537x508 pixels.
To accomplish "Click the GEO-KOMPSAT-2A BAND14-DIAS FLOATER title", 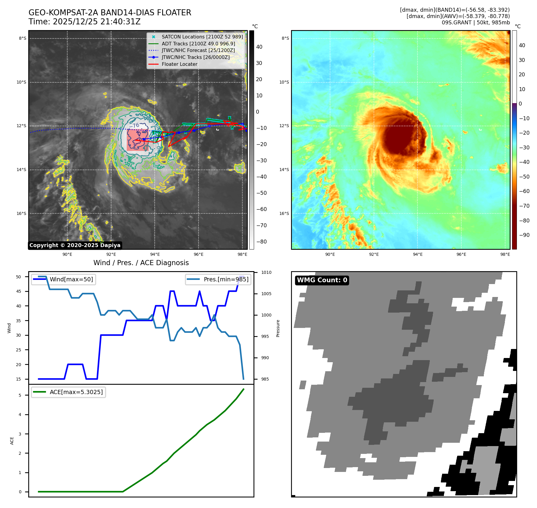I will click(x=110, y=13).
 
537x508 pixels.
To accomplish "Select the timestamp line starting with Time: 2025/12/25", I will click(x=84, y=22).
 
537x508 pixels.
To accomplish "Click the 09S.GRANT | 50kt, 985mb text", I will click(x=475, y=23).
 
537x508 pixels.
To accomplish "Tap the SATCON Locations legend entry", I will click(x=202, y=37).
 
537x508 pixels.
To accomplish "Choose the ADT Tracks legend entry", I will click(x=198, y=44).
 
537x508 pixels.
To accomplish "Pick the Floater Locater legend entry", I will click(x=179, y=64).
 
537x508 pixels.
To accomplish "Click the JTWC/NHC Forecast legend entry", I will click(x=198, y=50).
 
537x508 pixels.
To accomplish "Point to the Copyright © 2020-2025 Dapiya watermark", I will click(x=75, y=245).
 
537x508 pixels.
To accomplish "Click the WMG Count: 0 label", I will click(x=322, y=280).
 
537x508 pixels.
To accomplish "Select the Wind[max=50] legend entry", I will click(x=71, y=279).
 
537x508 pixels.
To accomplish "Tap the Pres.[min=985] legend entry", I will click(x=226, y=279).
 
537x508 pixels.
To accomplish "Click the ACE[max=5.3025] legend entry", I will click(x=76, y=392).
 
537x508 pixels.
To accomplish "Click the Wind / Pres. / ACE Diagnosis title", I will click(x=141, y=263).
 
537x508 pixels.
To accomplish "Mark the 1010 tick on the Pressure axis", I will click(x=266, y=272).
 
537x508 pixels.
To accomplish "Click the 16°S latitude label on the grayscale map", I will click(x=21, y=213).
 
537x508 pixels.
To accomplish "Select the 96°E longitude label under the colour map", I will click(x=461, y=254).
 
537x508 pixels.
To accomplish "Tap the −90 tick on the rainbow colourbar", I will click(x=524, y=235).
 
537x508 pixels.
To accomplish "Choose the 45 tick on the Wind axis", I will click(x=19, y=291).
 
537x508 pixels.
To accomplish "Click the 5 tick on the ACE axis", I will click(x=20, y=395).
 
